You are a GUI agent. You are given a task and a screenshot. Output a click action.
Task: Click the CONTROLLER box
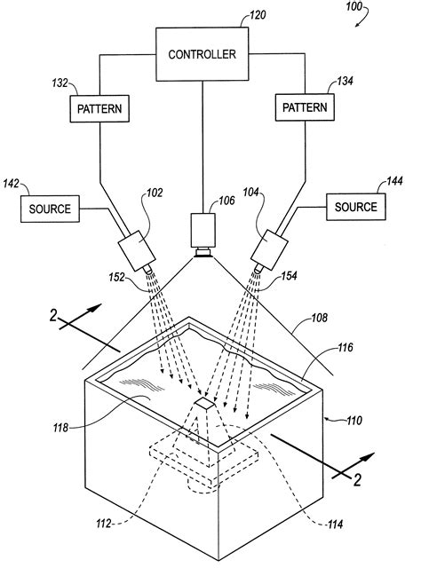(203, 53)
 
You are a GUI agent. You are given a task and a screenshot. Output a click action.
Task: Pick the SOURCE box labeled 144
(355, 206)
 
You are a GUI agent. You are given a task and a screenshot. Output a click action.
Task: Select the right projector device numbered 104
(274, 248)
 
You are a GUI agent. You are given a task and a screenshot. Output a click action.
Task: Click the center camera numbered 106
(203, 233)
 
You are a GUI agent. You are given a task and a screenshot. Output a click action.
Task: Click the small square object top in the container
(203, 404)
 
